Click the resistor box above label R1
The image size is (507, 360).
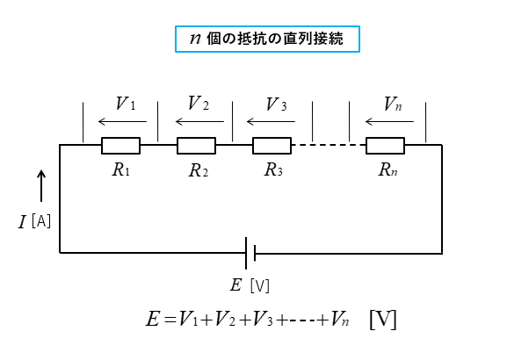click(x=120, y=146)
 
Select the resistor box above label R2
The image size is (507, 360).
click(x=196, y=146)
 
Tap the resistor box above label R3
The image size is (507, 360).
click(x=272, y=146)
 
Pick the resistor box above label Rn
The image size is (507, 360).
click(x=385, y=146)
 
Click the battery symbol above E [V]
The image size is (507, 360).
click(x=250, y=253)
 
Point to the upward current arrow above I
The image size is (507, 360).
click(x=41, y=186)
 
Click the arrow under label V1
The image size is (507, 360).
click(x=122, y=121)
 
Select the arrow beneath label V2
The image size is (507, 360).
click(x=199, y=121)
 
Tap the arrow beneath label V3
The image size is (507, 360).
click(x=271, y=121)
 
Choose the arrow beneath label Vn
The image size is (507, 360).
click(x=389, y=121)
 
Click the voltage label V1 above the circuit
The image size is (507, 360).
click(x=126, y=104)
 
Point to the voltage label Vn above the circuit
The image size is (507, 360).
click(x=393, y=104)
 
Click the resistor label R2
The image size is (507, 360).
click(x=199, y=170)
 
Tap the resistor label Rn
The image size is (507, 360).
click(x=387, y=169)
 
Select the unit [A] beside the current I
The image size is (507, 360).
click(x=41, y=221)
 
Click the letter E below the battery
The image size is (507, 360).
click(x=235, y=285)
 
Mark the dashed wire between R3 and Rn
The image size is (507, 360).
click(x=329, y=145)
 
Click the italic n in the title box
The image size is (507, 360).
click(x=195, y=39)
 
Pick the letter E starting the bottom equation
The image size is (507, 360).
click(x=153, y=319)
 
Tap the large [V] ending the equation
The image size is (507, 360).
click(x=383, y=320)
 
